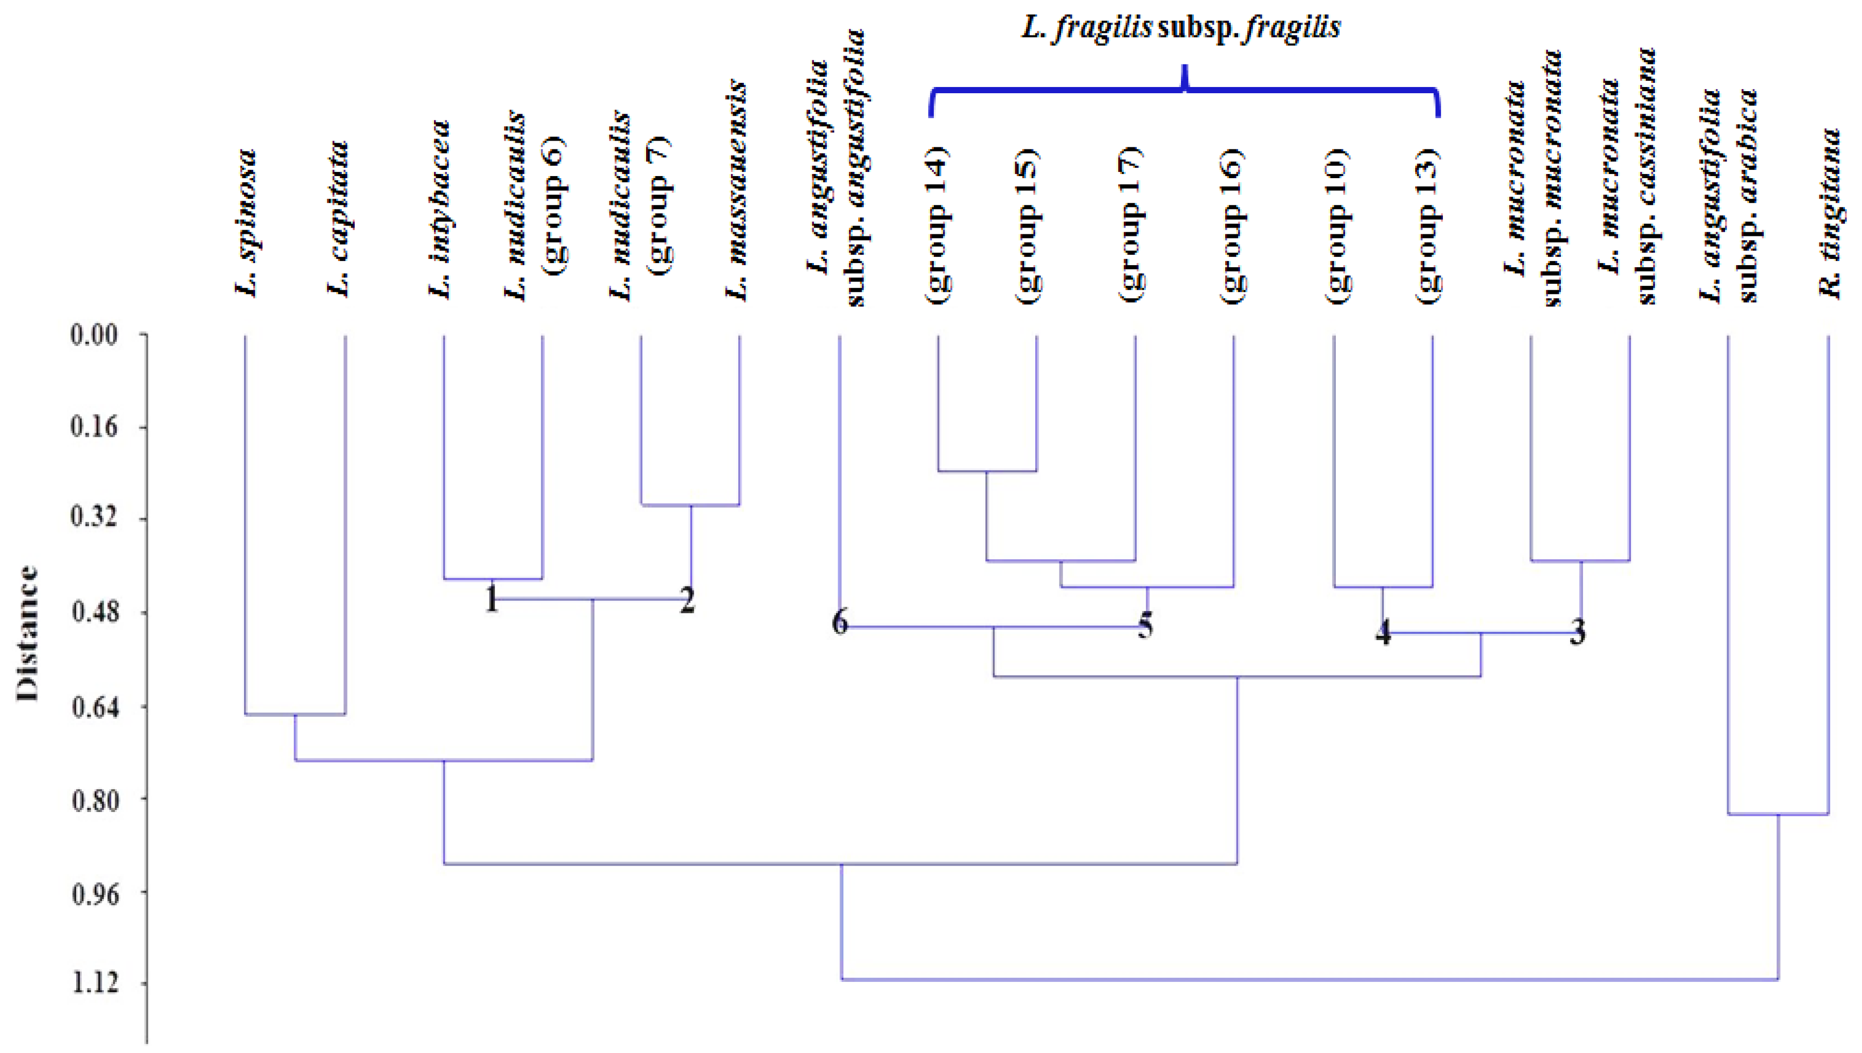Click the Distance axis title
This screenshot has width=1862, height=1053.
click(x=27, y=633)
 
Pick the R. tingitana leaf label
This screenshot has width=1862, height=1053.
click(x=1830, y=213)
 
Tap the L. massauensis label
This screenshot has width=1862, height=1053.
click(x=736, y=191)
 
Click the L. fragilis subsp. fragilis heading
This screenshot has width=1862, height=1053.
click(x=1181, y=27)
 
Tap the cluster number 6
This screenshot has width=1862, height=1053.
click(x=839, y=623)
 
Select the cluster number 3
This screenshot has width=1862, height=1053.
click(x=1578, y=633)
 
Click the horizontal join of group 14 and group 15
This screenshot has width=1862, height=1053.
click(x=987, y=472)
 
